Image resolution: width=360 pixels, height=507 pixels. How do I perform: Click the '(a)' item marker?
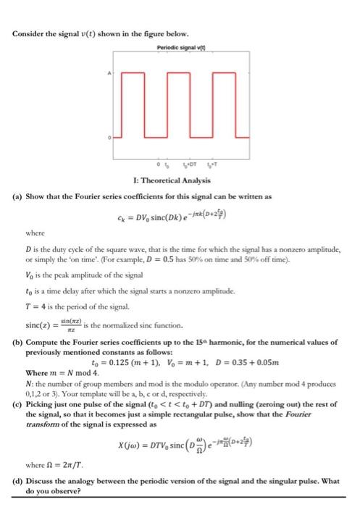[20, 196]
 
